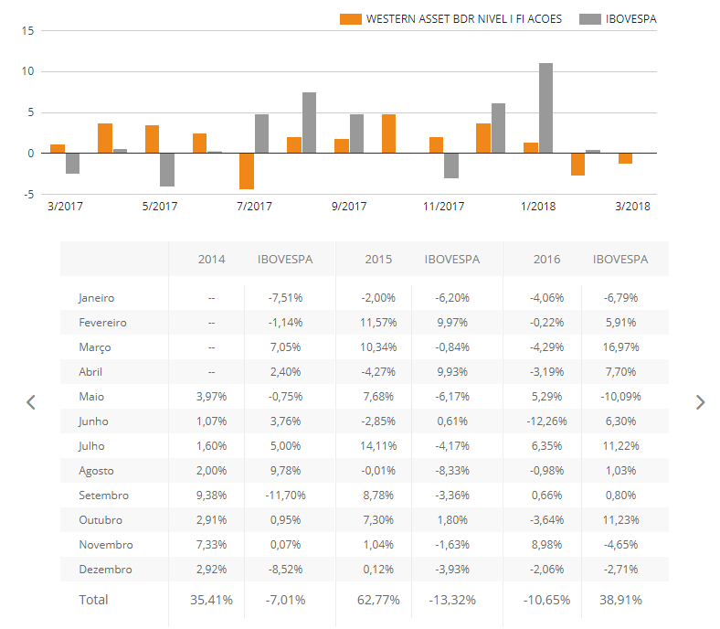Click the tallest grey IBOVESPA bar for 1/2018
click(x=545, y=108)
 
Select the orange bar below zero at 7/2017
click(x=246, y=171)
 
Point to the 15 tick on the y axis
click(x=27, y=30)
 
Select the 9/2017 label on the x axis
click(x=348, y=207)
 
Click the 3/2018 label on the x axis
click(x=632, y=207)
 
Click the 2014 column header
click(x=211, y=259)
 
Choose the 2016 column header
click(x=547, y=259)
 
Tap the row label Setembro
click(x=103, y=496)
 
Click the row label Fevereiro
click(x=102, y=323)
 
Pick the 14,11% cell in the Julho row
click(x=378, y=446)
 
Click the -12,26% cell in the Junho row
click(x=543, y=421)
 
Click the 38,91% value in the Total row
click(x=619, y=601)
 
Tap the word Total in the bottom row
click(x=93, y=600)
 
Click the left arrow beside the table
click(x=30, y=402)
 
